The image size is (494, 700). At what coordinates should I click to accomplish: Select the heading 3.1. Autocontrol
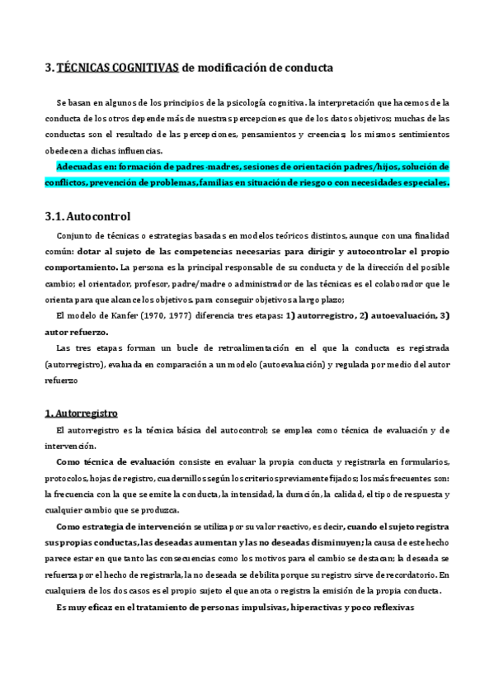click(x=87, y=217)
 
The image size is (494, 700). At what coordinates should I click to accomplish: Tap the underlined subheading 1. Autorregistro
click(x=82, y=412)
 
